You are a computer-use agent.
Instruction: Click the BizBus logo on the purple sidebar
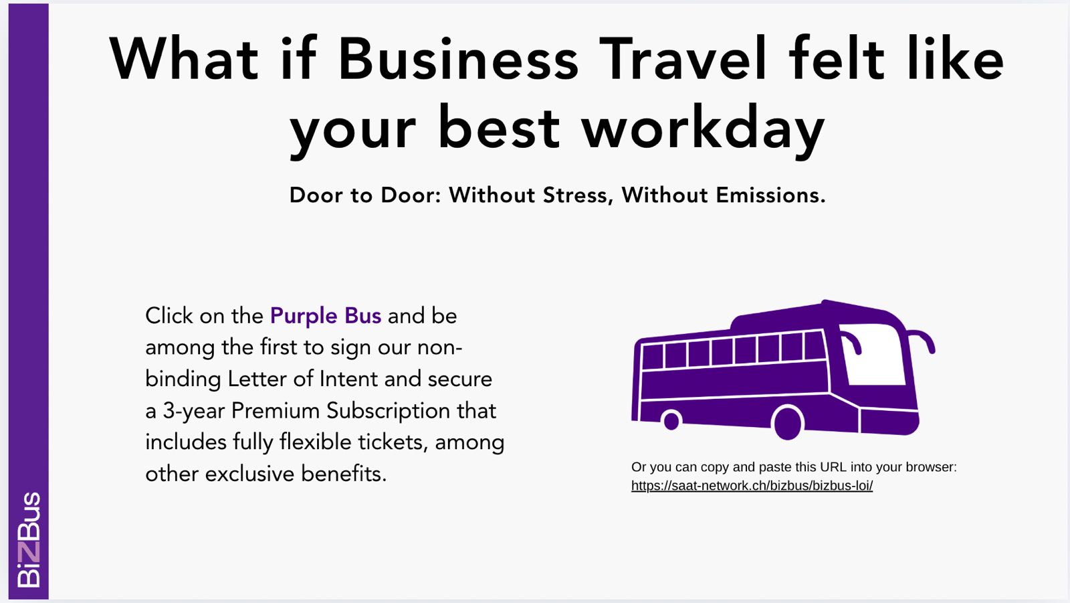tap(29, 539)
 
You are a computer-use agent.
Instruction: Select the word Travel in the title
tap(683, 58)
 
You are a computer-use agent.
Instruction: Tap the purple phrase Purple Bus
tap(325, 316)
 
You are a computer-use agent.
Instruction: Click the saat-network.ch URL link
tap(752, 486)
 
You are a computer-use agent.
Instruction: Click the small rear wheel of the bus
tap(671, 421)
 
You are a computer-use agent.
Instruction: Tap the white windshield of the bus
tap(873, 354)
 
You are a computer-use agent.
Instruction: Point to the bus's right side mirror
tap(922, 341)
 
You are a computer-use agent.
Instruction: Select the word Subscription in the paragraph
tap(389, 411)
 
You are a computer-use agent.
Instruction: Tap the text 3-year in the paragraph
tap(193, 411)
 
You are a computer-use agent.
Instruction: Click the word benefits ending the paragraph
tap(344, 474)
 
